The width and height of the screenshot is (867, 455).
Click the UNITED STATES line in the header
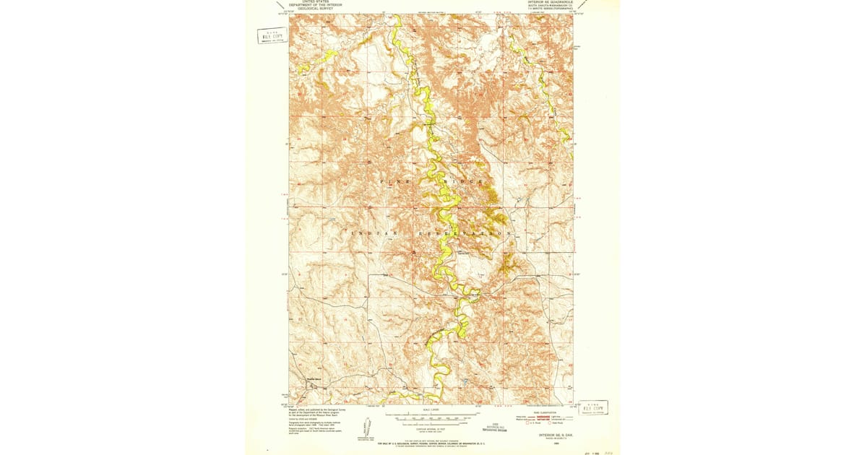[315, 2]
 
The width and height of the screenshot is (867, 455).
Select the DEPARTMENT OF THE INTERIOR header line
[315, 6]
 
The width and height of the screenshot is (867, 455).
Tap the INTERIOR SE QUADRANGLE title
[549, 2]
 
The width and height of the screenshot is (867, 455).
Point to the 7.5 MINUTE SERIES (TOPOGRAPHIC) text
[549, 9]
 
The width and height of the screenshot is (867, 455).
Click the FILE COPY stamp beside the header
[272, 35]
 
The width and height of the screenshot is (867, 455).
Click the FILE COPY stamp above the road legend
[593, 407]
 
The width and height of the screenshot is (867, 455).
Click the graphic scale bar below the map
[431, 417]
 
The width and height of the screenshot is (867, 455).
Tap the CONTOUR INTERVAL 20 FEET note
[431, 428]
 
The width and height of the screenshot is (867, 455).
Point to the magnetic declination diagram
[366, 435]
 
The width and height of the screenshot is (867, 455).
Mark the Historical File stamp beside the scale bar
[497, 426]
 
